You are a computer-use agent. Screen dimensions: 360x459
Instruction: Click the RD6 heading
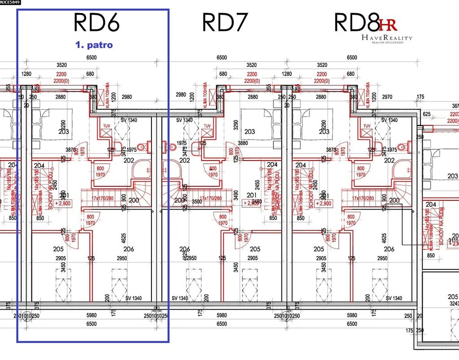coord(96,22)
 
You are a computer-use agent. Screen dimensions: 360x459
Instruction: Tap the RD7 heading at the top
coord(225,22)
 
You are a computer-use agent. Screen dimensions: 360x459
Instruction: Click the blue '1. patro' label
coord(94,45)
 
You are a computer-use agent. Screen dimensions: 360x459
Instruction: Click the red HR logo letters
coord(388,25)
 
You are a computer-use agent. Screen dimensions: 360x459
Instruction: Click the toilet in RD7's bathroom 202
coord(173,146)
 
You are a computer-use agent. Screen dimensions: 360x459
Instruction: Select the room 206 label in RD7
coord(185,249)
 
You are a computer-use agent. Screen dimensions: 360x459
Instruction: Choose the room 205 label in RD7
coord(255,249)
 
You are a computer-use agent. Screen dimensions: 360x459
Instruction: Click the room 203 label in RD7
coord(250,131)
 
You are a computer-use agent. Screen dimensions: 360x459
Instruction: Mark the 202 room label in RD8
coord(389,160)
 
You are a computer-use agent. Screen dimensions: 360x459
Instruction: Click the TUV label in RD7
coord(207,126)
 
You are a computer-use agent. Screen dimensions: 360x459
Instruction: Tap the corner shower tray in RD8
coord(400,168)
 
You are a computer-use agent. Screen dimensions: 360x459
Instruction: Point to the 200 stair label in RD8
coord(394,201)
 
